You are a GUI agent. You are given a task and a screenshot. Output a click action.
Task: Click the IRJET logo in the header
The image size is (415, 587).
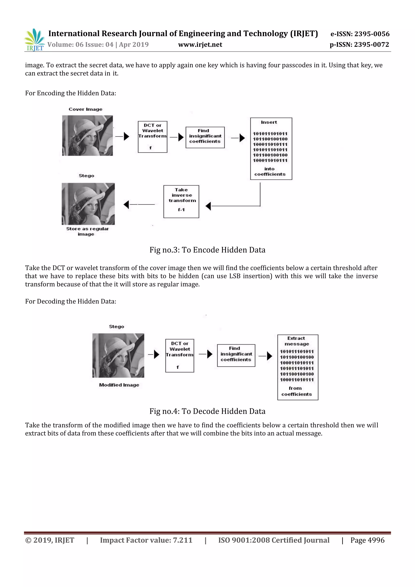click(x=34, y=40)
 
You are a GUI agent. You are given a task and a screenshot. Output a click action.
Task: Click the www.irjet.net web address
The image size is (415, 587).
click(x=200, y=45)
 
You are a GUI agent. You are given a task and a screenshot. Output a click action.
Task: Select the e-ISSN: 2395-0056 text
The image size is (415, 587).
click(x=360, y=34)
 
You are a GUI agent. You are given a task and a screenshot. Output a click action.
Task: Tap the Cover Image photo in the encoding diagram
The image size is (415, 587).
click(x=87, y=136)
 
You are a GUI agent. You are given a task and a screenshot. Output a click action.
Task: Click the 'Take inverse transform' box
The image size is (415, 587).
click(x=181, y=201)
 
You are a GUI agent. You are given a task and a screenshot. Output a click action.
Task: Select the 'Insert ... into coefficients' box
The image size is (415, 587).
click(x=271, y=149)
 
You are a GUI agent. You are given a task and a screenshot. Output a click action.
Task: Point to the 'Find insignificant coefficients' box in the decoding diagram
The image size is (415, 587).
click(x=236, y=355)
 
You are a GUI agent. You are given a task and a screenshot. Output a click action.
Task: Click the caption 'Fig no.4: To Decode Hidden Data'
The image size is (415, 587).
click(x=207, y=411)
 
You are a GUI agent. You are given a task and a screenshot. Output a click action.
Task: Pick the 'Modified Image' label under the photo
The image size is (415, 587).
click(x=119, y=385)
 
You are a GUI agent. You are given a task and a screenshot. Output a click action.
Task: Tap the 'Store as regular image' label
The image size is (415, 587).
click(x=87, y=231)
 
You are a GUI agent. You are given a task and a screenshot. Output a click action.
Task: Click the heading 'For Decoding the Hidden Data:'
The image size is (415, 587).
click(x=71, y=301)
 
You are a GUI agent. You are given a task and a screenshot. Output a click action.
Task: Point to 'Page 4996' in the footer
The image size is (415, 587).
click(x=367, y=540)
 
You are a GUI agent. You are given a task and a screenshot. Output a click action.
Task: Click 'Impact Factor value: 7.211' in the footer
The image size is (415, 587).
click(x=146, y=540)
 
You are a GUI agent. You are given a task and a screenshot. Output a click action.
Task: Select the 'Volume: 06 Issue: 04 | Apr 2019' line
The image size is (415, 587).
click(x=98, y=45)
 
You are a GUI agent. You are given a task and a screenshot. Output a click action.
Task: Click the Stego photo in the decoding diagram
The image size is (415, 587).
click(x=118, y=355)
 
